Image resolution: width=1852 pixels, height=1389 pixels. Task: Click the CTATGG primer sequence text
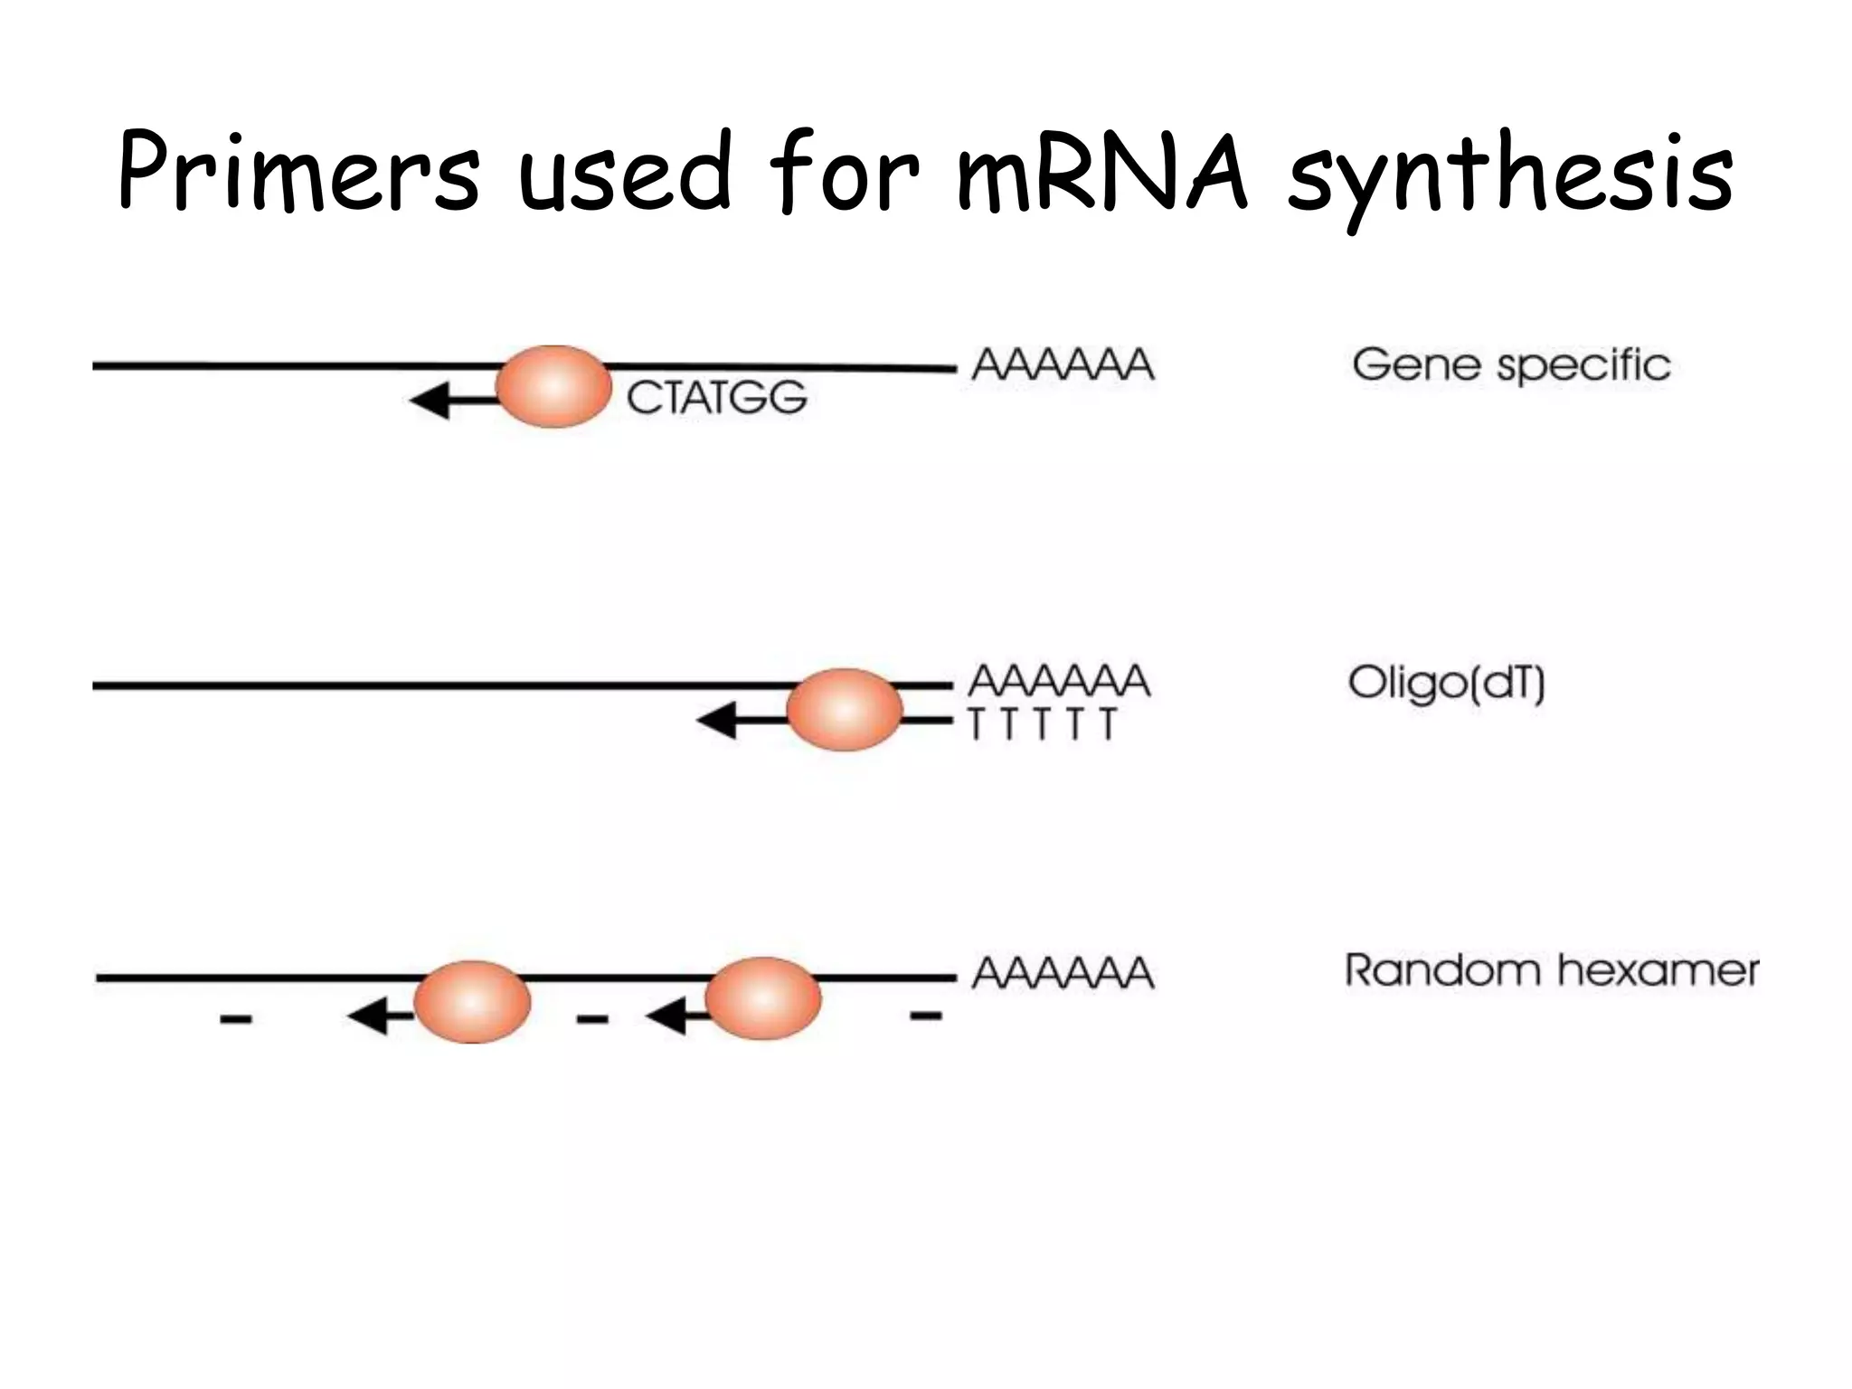tap(716, 398)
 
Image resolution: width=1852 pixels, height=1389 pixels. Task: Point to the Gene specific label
tap(1511, 366)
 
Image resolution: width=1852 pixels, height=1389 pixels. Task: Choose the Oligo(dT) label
tap(1446, 684)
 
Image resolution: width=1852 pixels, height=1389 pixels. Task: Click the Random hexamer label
tap(1552, 971)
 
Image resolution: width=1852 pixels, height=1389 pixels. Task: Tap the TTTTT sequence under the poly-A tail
tap(1043, 724)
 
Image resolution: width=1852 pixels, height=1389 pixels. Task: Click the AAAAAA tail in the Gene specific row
tap(1063, 365)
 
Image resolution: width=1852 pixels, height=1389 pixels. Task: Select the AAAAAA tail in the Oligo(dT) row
tap(1060, 681)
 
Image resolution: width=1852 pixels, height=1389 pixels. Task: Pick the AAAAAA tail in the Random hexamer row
tap(1063, 974)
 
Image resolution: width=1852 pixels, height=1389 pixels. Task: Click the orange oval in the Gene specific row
tap(553, 386)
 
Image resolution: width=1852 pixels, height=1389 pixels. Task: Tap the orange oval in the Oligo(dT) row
tap(844, 710)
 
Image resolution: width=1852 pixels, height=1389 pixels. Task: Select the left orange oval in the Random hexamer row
tap(472, 1002)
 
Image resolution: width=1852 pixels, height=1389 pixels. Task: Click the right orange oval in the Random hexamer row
tap(762, 998)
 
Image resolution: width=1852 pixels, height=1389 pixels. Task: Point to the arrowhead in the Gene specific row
tap(430, 401)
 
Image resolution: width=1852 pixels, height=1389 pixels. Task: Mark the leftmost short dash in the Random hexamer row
tap(236, 1020)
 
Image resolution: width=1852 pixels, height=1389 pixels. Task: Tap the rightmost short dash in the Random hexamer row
tap(926, 1016)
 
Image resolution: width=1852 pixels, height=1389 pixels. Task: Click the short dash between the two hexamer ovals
tap(592, 1020)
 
